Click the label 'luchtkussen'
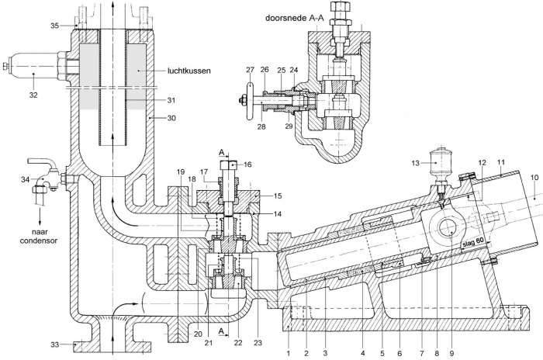tap(189, 71)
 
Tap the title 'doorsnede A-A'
tap(295, 18)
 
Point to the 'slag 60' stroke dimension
tap(473, 244)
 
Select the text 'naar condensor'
tap(39, 237)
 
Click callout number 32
tap(33, 95)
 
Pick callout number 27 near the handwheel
tap(250, 70)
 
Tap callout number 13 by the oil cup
tap(415, 163)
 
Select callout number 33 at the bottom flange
tap(55, 344)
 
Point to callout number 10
tap(534, 178)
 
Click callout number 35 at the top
tap(55, 26)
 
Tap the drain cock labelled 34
tap(47, 177)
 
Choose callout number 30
tap(171, 118)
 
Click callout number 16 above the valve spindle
tap(247, 164)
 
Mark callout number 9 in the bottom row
tap(451, 354)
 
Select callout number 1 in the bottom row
tap(288, 354)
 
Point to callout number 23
tap(258, 343)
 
